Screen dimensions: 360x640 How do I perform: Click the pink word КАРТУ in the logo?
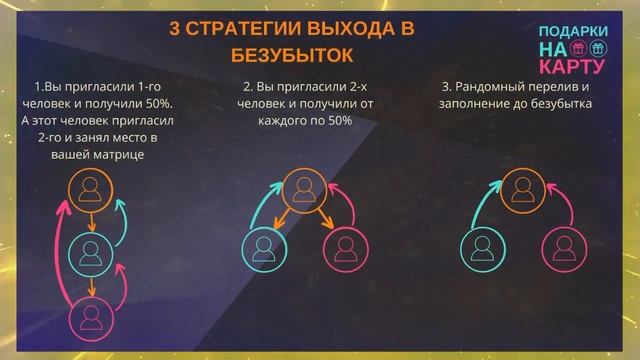[572, 67]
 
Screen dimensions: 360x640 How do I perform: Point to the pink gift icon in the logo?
[579, 49]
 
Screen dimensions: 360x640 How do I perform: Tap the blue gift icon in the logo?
[598, 49]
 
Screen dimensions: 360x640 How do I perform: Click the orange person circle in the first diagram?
[91, 189]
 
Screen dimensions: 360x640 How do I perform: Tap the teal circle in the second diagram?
[264, 247]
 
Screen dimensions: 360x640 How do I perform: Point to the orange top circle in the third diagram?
[519, 188]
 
